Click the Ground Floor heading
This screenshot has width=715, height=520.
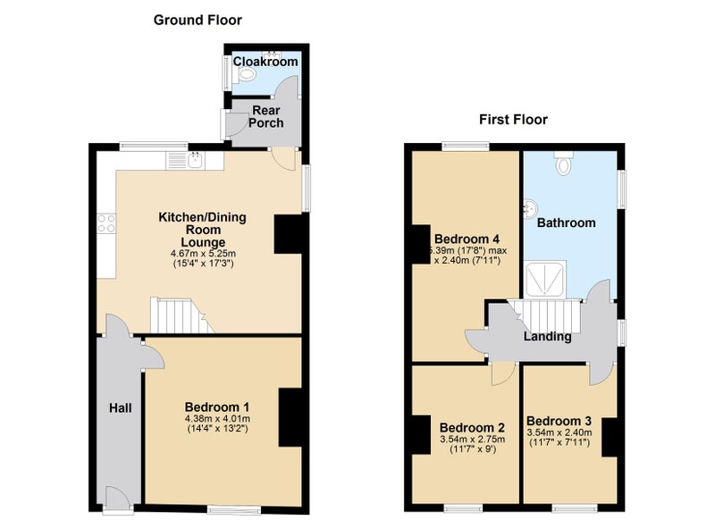click(198, 20)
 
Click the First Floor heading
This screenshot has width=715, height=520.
click(513, 120)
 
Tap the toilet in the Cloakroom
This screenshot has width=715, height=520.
click(247, 74)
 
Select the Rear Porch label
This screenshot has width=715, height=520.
click(266, 117)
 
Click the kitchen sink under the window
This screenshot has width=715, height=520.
click(195, 160)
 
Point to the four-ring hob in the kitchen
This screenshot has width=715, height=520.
click(106, 223)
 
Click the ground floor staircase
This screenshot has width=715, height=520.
click(181, 315)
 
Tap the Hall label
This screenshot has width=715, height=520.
click(121, 408)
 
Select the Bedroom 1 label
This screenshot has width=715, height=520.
click(217, 407)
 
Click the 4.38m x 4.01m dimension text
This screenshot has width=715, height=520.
click(217, 419)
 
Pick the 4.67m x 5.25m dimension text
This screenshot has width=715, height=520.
click(204, 254)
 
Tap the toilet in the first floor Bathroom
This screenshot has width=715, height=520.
click(564, 163)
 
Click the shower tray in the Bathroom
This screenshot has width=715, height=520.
click(545, 279)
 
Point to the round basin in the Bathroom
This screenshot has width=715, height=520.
click(531, 209)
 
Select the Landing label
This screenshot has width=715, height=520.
click(547, 337)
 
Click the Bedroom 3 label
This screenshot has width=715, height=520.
click(559, 421)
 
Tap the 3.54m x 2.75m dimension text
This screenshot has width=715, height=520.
click(472, 440)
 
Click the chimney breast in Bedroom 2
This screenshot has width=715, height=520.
click(421, 435)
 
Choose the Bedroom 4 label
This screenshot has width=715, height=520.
click(467, 239)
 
